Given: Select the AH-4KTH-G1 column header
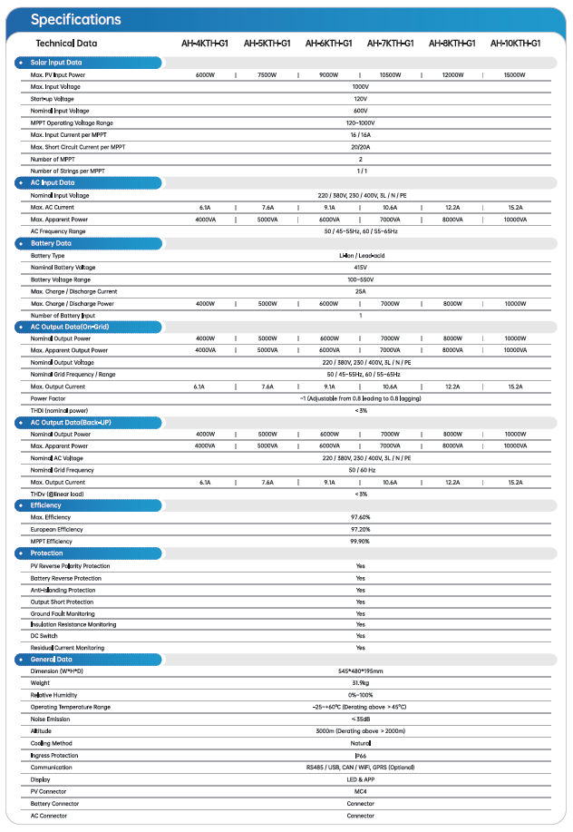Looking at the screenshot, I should [204, 43].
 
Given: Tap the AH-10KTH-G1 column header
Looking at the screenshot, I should [515, 43].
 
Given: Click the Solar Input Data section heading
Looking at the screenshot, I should [56, 62].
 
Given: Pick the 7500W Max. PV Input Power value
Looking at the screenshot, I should [267, 74].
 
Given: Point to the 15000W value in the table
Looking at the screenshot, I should [515, 74].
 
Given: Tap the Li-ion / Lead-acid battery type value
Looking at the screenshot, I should [361, 256].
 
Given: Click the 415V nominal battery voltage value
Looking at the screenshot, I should [361, 268].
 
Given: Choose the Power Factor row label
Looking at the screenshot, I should [47, 398].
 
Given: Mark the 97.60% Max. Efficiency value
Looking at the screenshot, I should [361, 517].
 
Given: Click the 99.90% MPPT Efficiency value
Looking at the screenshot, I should [361, 541].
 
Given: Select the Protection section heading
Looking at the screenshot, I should [47, 553].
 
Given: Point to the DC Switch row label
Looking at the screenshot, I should [44, 636].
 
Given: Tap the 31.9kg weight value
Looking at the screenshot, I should [361, 683].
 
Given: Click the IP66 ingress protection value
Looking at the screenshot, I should [361, 755].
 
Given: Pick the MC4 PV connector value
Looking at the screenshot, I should [361, 791].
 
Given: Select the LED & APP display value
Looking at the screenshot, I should [361, 779].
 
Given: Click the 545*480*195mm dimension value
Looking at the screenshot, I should [361, 671].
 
